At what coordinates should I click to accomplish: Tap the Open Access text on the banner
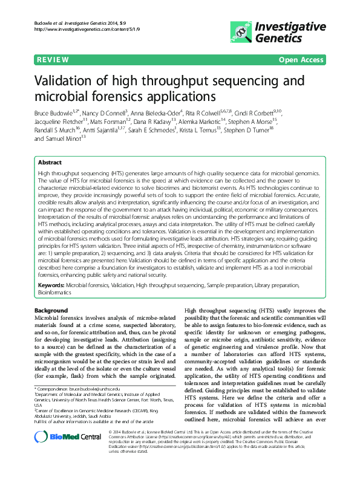301,60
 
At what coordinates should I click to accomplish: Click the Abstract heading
50,163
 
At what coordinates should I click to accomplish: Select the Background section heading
51,310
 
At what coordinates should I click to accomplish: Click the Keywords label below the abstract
51,284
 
